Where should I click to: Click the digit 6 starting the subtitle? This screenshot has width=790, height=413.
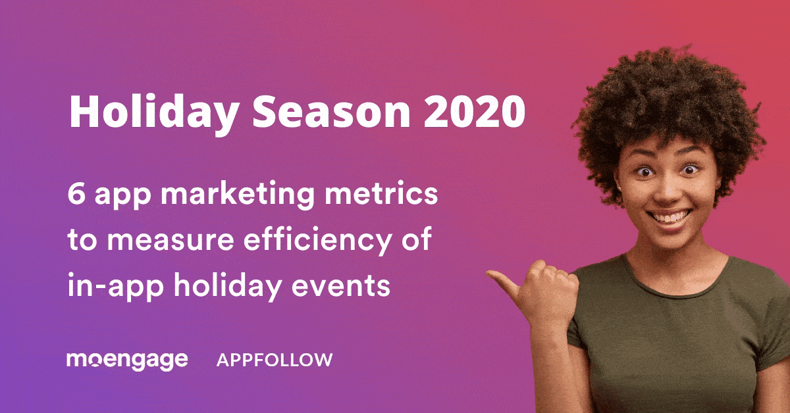point(75,196)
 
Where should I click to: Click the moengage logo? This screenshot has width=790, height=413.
point(127,360)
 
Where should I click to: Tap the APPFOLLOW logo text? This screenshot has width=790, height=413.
point(275,360)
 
